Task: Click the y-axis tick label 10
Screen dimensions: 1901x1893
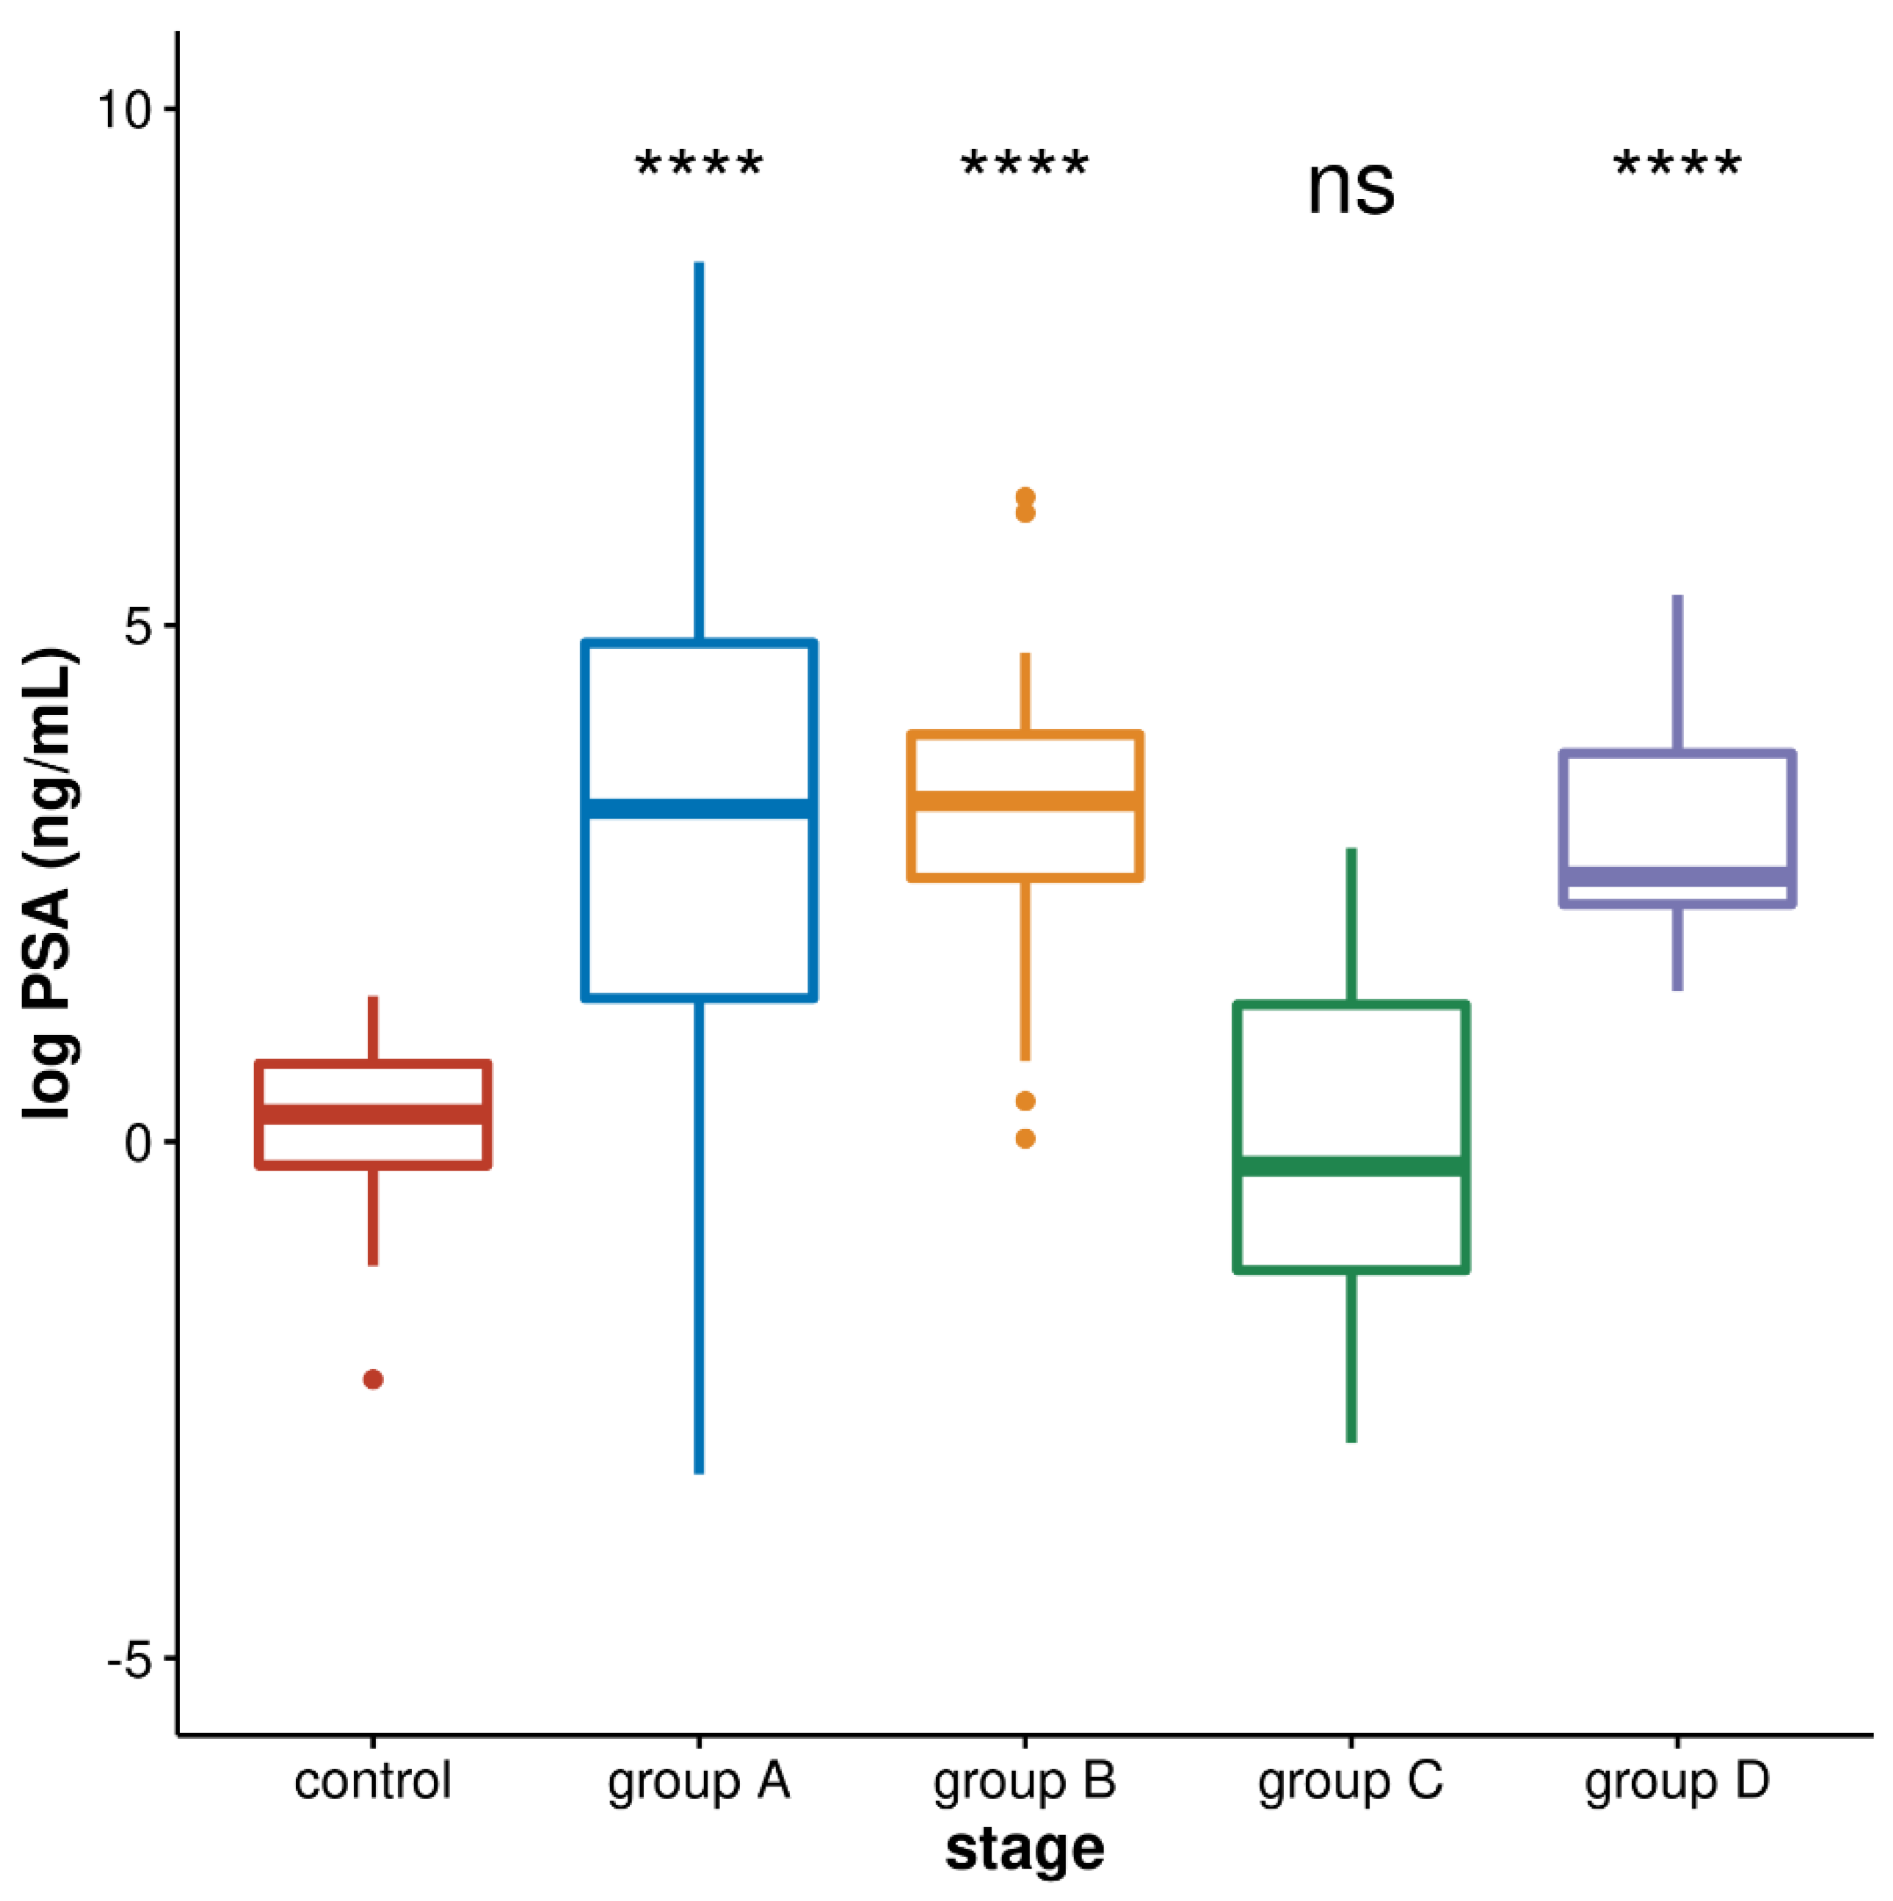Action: (x=123, y=109)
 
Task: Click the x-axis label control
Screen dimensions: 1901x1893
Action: (x=372, y=1781)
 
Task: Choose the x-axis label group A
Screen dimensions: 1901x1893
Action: (x=699, y=1783)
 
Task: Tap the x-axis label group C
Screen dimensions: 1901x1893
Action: (x=1350, y=1783)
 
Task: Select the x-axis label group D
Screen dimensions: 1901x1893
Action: (x=1676, y=1783)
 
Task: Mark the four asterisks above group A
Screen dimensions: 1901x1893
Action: (x=699, y=162)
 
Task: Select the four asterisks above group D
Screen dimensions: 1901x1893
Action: (x=1676, y=162)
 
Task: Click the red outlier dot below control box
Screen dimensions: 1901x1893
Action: (x=373, y=1379)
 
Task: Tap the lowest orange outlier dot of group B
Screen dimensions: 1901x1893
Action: (x=1025, y=1138)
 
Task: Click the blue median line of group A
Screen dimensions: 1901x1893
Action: (x=699, y=809)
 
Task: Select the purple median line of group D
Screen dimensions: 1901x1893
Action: (x=1676, y=876)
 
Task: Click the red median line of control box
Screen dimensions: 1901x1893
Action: (x=373, y=1115)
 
